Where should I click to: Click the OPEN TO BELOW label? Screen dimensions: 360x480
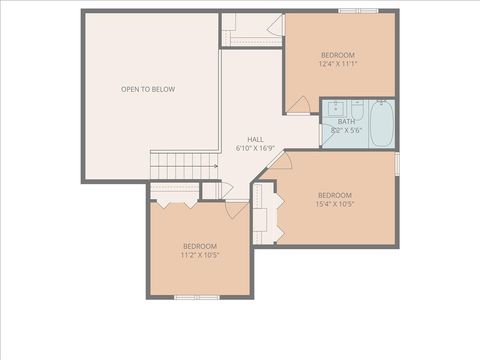148,89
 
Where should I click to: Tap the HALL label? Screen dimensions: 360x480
256,139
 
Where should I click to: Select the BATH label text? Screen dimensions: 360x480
346,121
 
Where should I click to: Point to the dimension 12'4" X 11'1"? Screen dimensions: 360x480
338,63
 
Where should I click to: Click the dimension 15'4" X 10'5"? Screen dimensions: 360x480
334,204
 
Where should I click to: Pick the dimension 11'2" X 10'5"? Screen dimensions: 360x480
200,255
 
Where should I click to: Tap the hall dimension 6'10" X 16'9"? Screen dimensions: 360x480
256,148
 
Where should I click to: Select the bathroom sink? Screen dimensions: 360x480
334,106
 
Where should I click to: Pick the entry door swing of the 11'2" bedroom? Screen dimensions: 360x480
237,208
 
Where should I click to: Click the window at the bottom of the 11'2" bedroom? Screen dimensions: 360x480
197,297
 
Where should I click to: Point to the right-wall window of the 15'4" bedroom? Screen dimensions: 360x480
397,163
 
